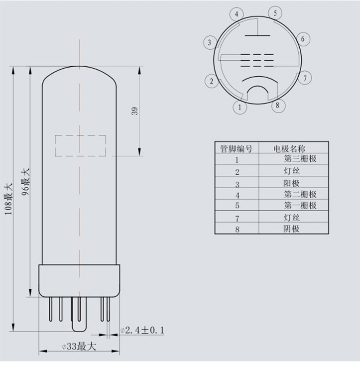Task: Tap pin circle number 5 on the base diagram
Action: click(x=275, y=13)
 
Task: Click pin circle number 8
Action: click(x=277, y=105)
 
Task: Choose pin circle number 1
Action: click(x=240, y=107)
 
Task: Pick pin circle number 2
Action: click(x=212, y=81)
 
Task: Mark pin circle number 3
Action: click(x=210, y=43)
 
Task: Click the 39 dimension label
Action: click(x=134, y=112)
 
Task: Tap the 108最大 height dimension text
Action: click(x=8, y=199)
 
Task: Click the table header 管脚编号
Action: click(x=237, y=148)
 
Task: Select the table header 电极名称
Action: click(x=289, y=148)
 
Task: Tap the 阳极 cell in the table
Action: click(x=291, y=183)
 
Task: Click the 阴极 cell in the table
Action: click(x=291, y=229)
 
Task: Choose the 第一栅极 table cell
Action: click(x=300, y=206)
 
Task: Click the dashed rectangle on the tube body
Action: click(x=80, y=145)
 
